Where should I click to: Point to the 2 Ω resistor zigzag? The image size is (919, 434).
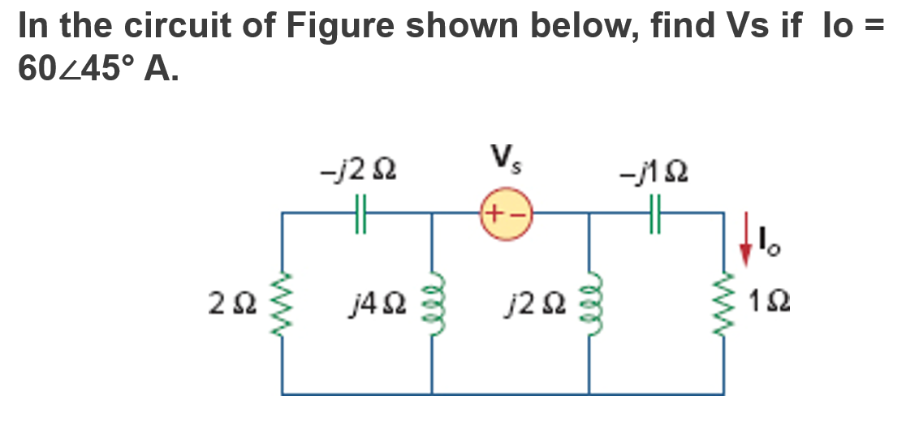[283, 304]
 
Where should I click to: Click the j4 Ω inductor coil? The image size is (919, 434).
[430, 304]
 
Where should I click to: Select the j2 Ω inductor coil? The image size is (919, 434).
[588, 304]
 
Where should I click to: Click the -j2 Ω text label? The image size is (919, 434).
[358, 172]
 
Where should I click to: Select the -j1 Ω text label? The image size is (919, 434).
[656, 172]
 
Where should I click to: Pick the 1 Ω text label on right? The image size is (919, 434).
[773, 307]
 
